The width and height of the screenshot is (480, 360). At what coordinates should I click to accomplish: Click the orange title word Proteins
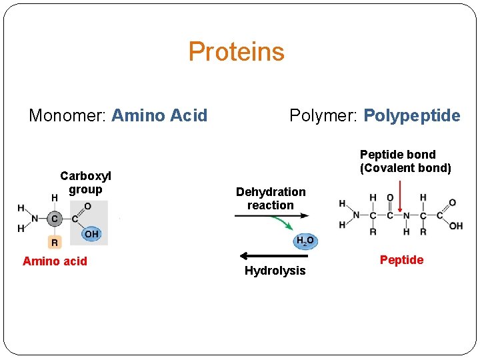(x=236, y=52)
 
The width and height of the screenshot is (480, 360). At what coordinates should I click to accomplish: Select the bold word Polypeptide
(x=411, y=116)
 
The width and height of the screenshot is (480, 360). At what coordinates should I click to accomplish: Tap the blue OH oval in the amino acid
(x=91, y=234)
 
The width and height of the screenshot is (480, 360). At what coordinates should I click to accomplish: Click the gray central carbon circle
(x=55, y=217)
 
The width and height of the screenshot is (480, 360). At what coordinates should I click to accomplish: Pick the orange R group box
(x=55, y=243)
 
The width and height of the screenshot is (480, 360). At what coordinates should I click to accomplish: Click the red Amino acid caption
(x=55, y=261)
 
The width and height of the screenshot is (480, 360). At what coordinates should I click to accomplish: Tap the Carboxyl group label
(x=85, y=183)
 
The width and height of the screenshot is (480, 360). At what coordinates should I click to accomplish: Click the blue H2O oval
(x=305, y=241)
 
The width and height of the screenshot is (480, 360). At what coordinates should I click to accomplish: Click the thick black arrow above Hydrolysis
(x=273, y=256)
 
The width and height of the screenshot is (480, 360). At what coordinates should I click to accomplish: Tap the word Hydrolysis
(x=275, y=271)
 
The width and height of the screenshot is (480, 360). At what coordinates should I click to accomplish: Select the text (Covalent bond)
(x=405, y=168)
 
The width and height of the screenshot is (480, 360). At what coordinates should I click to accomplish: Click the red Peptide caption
(x=401, y=260)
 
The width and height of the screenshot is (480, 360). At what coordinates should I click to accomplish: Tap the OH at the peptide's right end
(x=456, y=226)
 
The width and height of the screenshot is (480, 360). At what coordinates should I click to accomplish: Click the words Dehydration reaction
(x=271, y=199)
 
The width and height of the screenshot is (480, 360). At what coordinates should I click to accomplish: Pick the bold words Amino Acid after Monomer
(x=159, y=116)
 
